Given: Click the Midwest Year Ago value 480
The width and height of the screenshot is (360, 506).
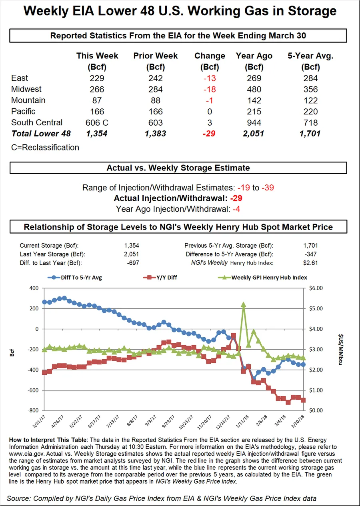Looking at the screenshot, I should [254, 89].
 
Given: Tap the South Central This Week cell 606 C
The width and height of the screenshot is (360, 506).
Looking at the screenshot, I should [97, 123].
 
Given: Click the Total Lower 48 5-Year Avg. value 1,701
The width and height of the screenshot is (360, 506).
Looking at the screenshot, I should [310, 134].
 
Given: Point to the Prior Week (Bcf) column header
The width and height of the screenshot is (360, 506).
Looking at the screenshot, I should [156, 61].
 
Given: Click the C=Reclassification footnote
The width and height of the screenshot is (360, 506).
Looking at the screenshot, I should [45, 147].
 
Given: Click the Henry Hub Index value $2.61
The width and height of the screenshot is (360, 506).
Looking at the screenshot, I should [310, 263].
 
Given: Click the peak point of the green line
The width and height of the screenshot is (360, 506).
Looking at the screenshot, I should [244, 304].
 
